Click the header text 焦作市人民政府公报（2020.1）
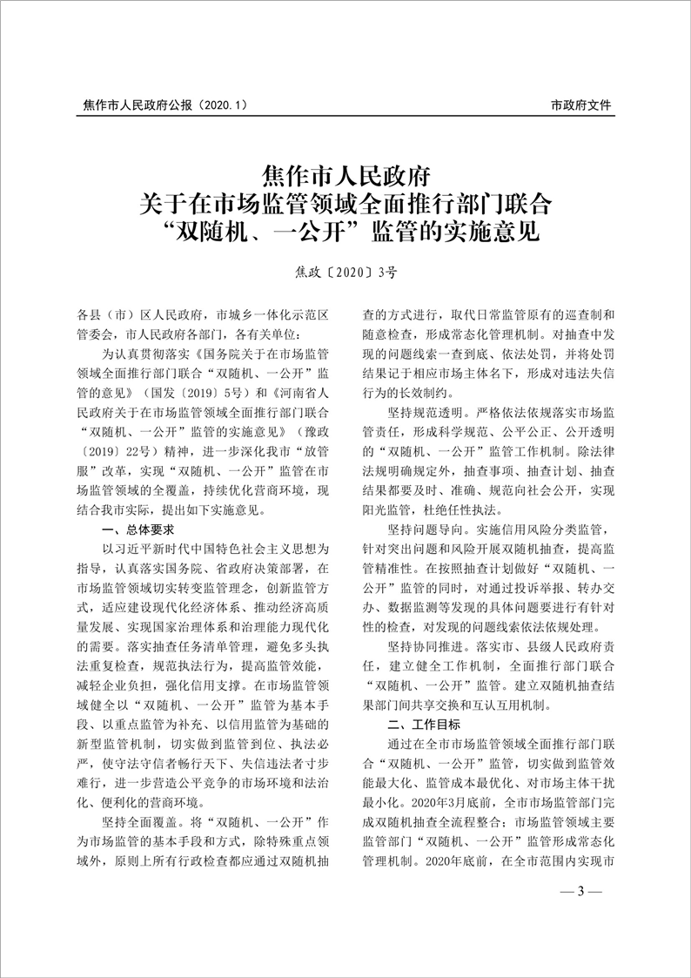[x=165, y=105]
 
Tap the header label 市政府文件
[x=581, y=105]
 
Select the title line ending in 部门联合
[x=345, y=202]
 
